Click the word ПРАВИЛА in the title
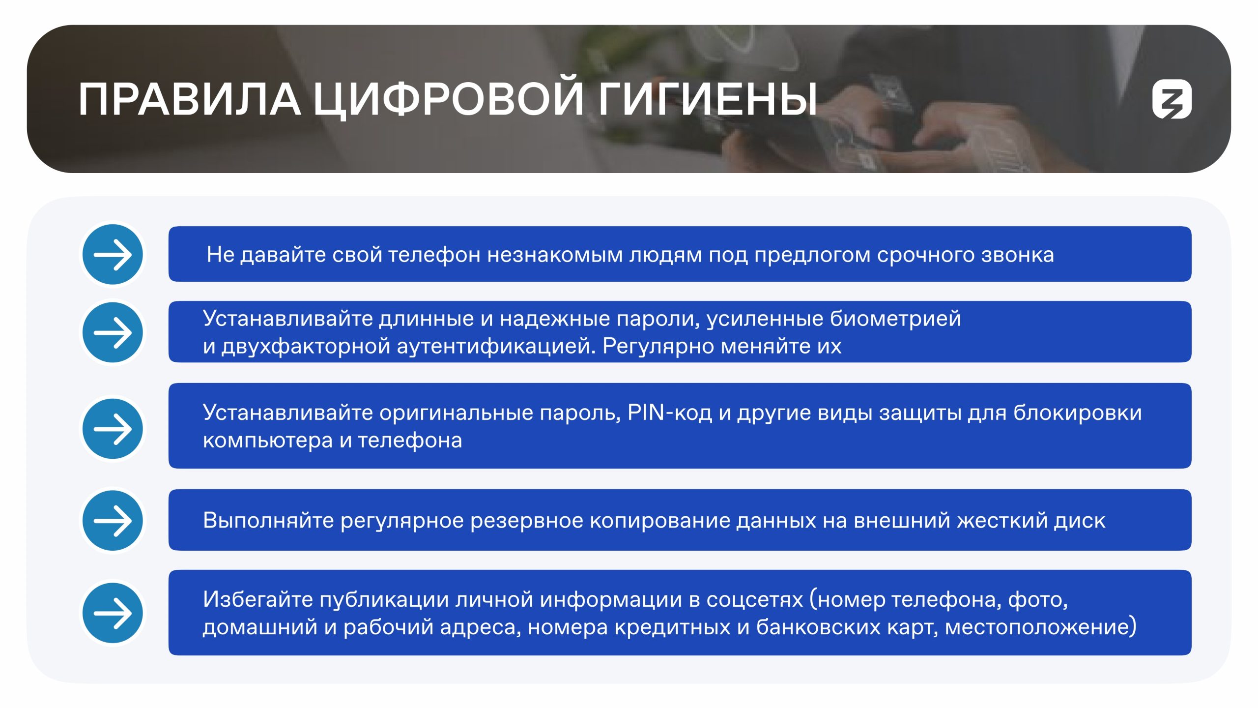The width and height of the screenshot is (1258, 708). coord(190,99)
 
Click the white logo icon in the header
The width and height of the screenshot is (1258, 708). coord(1172,99)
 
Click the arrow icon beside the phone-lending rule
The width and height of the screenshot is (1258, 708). coord(113,254)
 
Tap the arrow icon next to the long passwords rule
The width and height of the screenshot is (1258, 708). coord(113,332)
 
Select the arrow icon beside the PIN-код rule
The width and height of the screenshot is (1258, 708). coord(113,429)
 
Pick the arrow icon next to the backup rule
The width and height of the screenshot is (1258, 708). coord(113,520)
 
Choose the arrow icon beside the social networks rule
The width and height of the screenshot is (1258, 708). coord(113,613)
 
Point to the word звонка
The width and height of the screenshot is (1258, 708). coord(1017,255)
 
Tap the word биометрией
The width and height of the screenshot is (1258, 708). coord(895,319)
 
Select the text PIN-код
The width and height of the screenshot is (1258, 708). coord(670,413)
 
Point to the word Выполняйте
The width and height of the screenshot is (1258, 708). coord(268,520)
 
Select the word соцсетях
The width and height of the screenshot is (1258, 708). coord(755,600)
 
